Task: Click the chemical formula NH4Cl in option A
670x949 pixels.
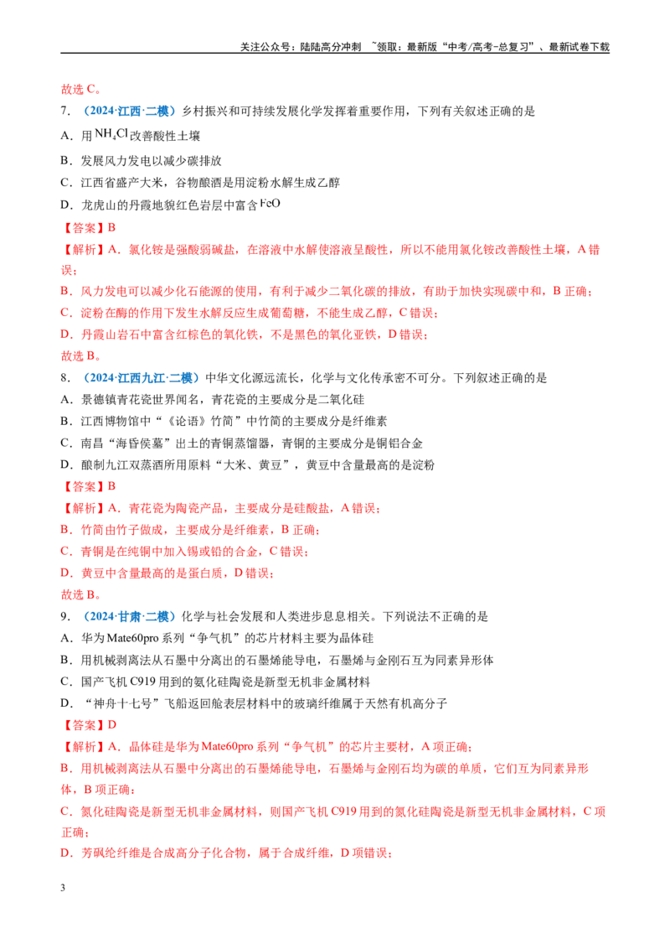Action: tap(111, 134)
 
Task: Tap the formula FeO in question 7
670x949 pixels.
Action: tap(270, 204)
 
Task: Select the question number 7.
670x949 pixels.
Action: tap(65, 111)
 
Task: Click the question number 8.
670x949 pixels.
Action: tap(65, 378)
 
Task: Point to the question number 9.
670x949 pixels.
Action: tap(65, 617)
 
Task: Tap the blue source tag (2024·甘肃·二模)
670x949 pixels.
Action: tap(127, 617)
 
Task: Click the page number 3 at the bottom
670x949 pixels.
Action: tap(63, 888)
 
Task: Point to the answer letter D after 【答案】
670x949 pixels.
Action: tap(112, 725)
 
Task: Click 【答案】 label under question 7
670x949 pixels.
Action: tap(84, 228)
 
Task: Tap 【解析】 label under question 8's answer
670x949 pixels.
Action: tap(84, 508)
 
